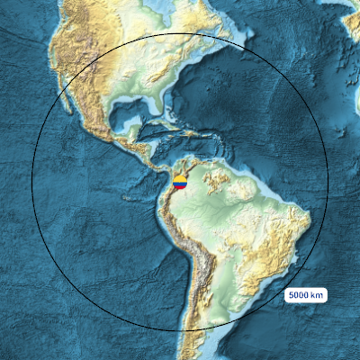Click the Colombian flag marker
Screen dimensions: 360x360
click(180, 183)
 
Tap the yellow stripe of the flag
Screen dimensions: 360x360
click(180, 180)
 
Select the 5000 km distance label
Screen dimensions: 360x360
click(307, 295)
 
